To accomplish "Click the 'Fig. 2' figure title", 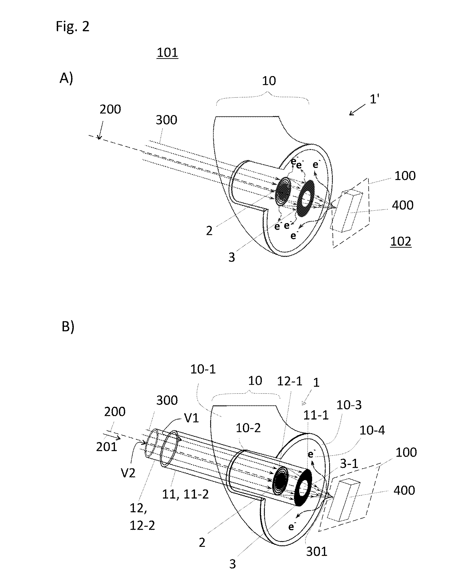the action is [72, 27].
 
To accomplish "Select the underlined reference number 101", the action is [167, 53].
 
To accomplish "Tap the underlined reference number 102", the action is [401, 241].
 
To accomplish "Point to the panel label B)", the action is [68, 327].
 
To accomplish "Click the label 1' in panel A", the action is [374, 100].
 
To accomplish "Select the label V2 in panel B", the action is [128, 473].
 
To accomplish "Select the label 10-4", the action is [372, 431].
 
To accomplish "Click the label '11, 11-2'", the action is [185, 494].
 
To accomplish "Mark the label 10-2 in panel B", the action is [248, 428].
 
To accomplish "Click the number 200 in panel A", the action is [110, 109].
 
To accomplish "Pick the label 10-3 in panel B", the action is [349, 405].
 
